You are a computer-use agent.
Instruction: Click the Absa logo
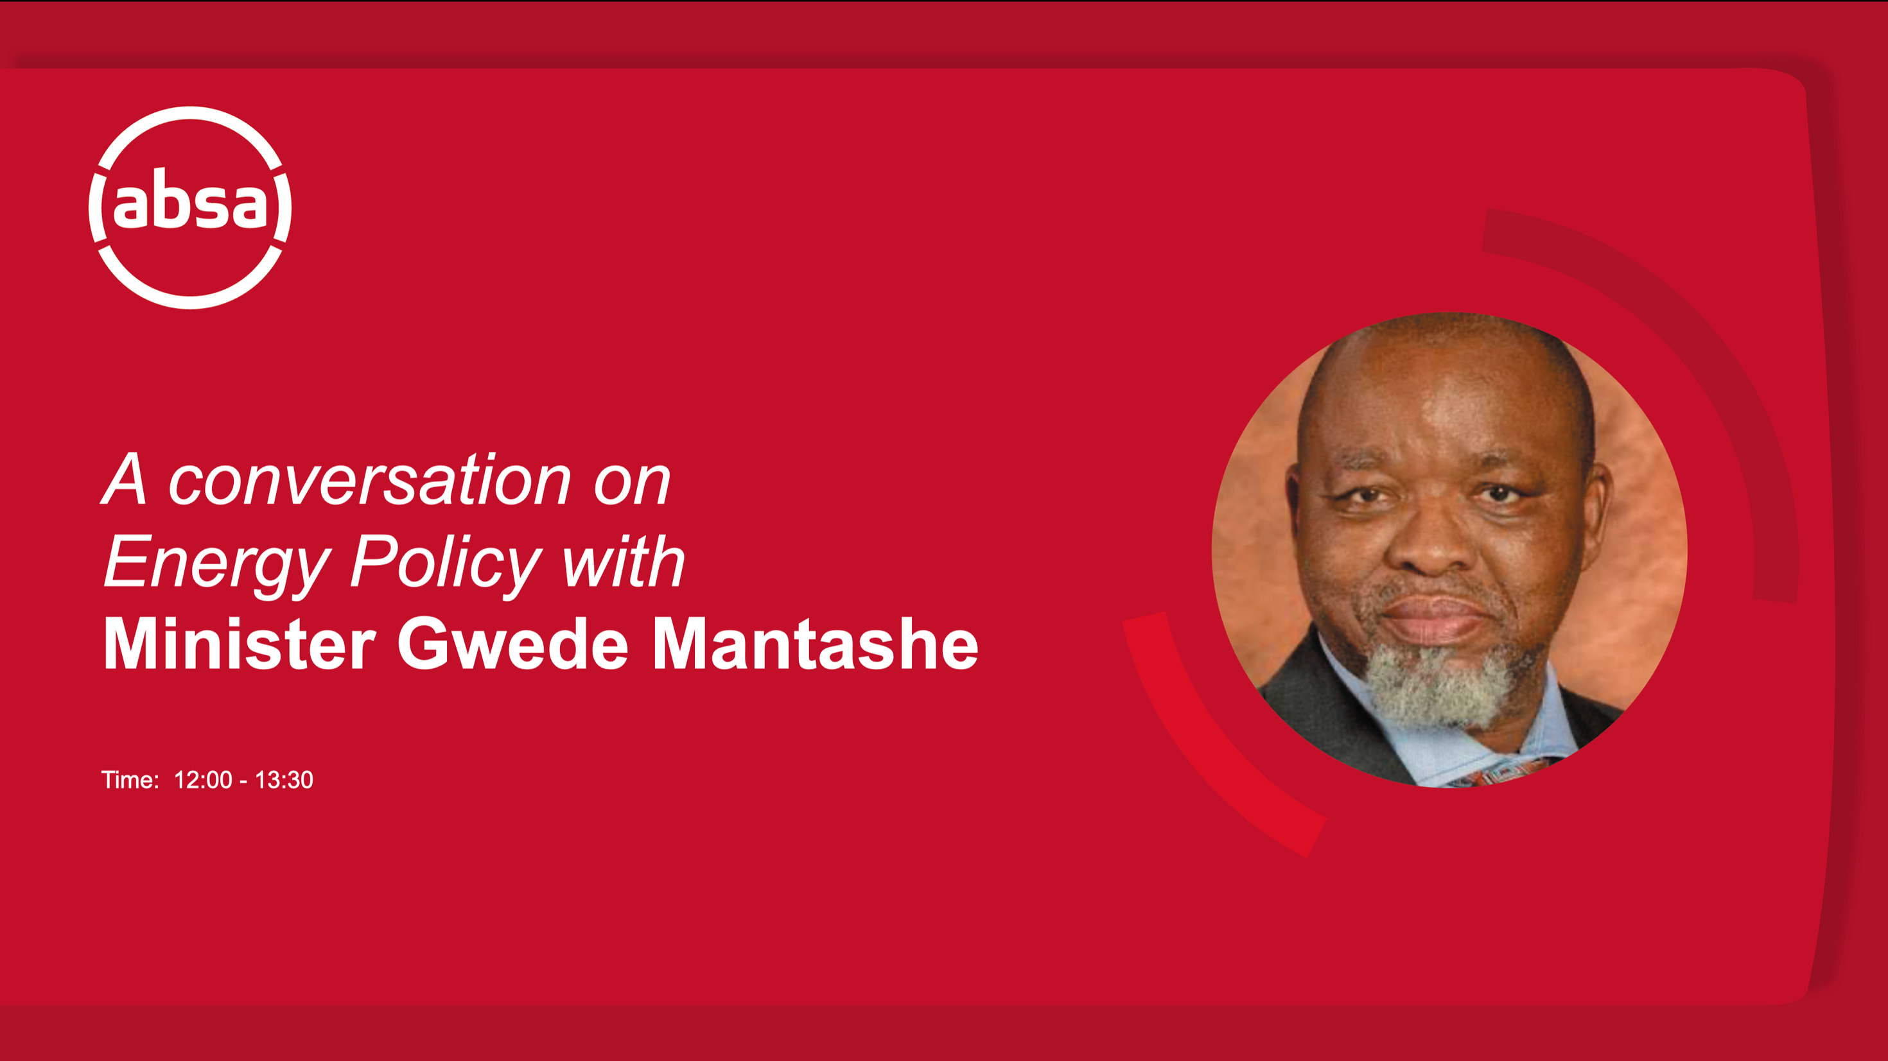click(190, 207)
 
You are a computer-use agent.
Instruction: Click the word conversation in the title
click(369, 481)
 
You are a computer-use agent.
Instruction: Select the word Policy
click(446, 564)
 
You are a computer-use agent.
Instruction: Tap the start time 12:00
click(203, 780)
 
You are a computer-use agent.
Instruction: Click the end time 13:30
click(284, 780)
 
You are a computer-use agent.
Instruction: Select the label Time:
click(130, 780)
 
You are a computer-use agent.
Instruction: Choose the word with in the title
click(623, 562)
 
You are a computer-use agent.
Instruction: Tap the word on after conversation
click(633, 486)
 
